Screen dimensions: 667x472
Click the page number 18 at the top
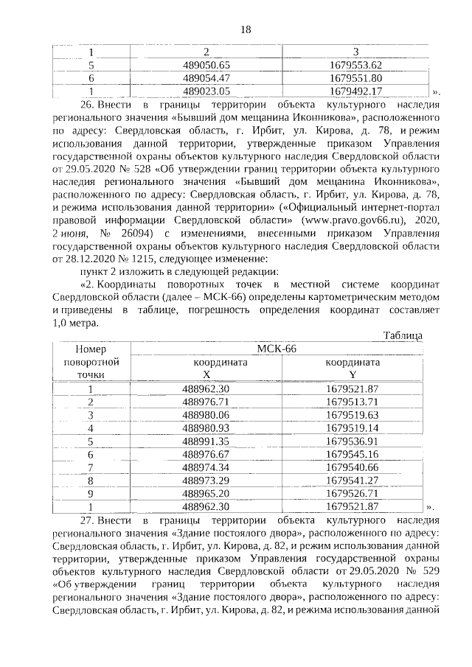[x=246, y=29]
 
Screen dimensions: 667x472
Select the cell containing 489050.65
[x=206, y=65]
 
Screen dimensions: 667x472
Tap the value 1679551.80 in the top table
[x=355, y=78]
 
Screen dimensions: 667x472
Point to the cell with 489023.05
[x=206, y=91]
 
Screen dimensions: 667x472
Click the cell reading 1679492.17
[x=355, y=91]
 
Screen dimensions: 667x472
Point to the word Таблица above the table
[x=402, y=335]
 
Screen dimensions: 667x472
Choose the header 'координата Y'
[x=353, y=369]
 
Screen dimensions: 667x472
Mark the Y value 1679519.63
[x=352, y=415]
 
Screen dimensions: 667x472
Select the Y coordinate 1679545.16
[x=352, y=454]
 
